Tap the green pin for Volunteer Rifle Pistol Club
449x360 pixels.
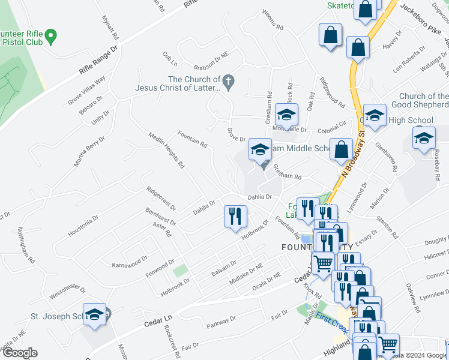click(x=51, y=37)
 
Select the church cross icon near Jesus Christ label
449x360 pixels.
click(x=228, y=80)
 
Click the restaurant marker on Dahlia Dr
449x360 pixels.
click(x=235, y=217)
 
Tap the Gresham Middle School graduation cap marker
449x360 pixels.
click(x=261, y=151)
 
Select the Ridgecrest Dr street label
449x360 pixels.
click(x=161, y=198)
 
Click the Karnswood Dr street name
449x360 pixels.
click(x=130, y=262)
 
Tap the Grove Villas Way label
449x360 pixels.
click(x=86, y=90)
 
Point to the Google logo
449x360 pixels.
click(x=20, y=353)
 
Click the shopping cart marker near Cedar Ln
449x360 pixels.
click(x=324, y=263)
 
